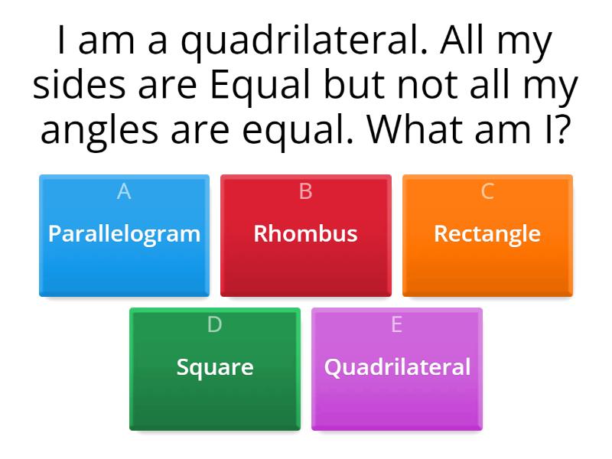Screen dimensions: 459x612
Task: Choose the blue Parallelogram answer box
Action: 124,236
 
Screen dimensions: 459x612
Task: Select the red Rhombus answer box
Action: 305,236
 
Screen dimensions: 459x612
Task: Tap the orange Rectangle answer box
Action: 487,236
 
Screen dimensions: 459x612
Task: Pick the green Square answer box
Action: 215,369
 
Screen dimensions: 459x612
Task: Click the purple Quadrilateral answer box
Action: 397,369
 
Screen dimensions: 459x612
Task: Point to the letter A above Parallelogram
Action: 124,192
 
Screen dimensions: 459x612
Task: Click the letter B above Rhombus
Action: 305,192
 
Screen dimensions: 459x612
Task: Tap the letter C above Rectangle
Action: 487,192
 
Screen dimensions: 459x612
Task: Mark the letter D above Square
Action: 215,325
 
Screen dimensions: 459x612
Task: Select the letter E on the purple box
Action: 396,325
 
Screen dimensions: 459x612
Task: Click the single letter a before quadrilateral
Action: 160,46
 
